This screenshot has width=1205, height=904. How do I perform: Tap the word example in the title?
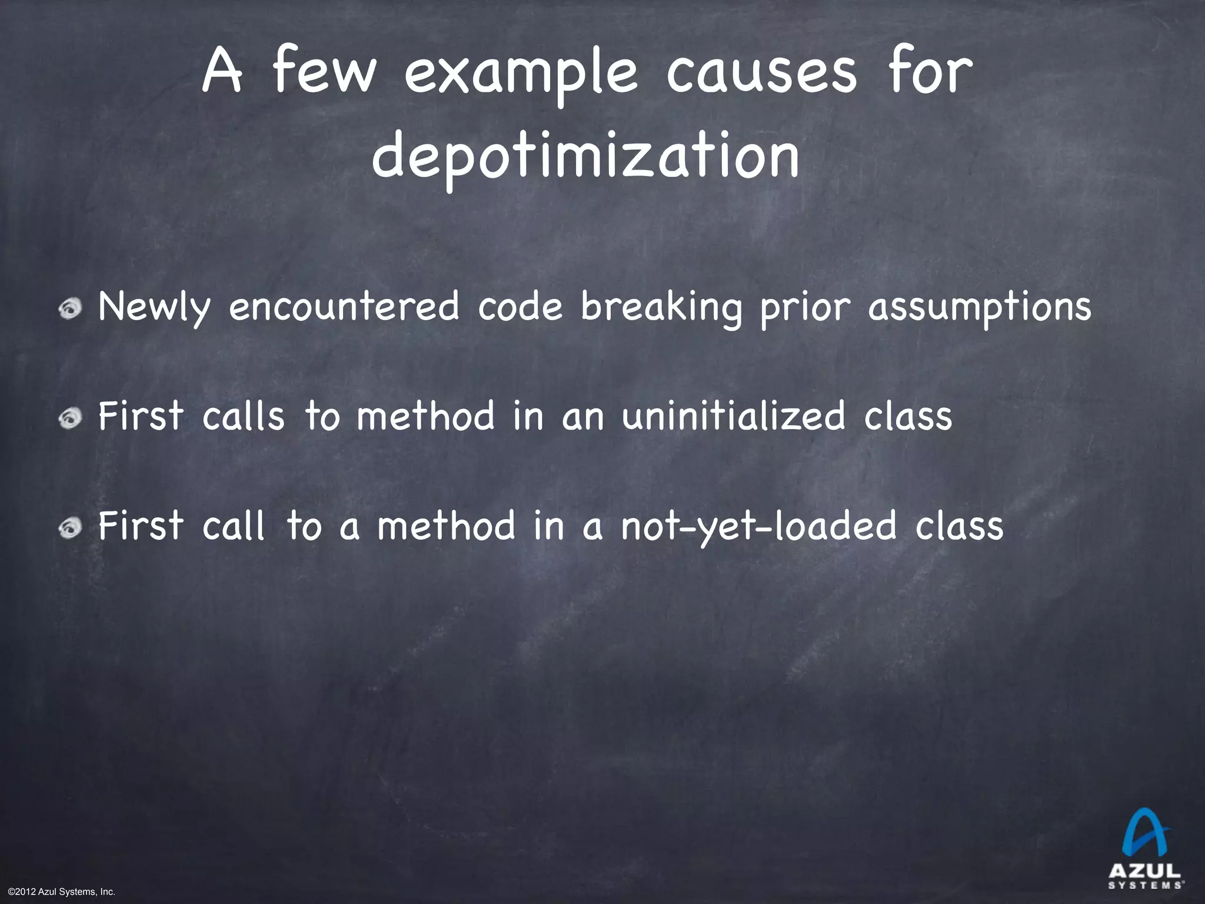520,75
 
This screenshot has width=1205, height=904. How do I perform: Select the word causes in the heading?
761,75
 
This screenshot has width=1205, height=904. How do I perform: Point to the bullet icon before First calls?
73,417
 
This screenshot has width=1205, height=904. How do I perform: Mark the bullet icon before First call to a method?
73,527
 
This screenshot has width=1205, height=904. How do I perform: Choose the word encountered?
344,307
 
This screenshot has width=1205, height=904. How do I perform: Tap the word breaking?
661,308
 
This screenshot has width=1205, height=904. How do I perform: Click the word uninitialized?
733,416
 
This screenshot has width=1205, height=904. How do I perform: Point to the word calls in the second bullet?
243,416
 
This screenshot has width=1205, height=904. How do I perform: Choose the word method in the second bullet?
426,416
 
